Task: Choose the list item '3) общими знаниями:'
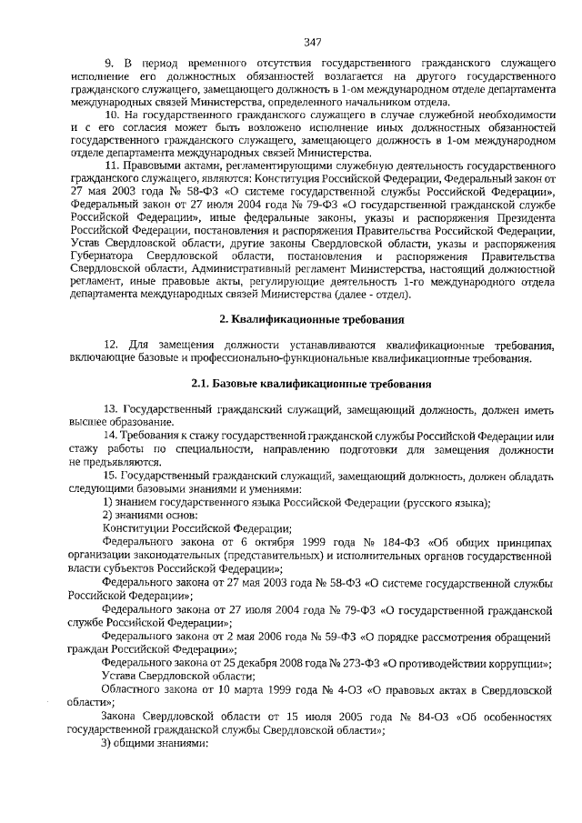tap(155, 743)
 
